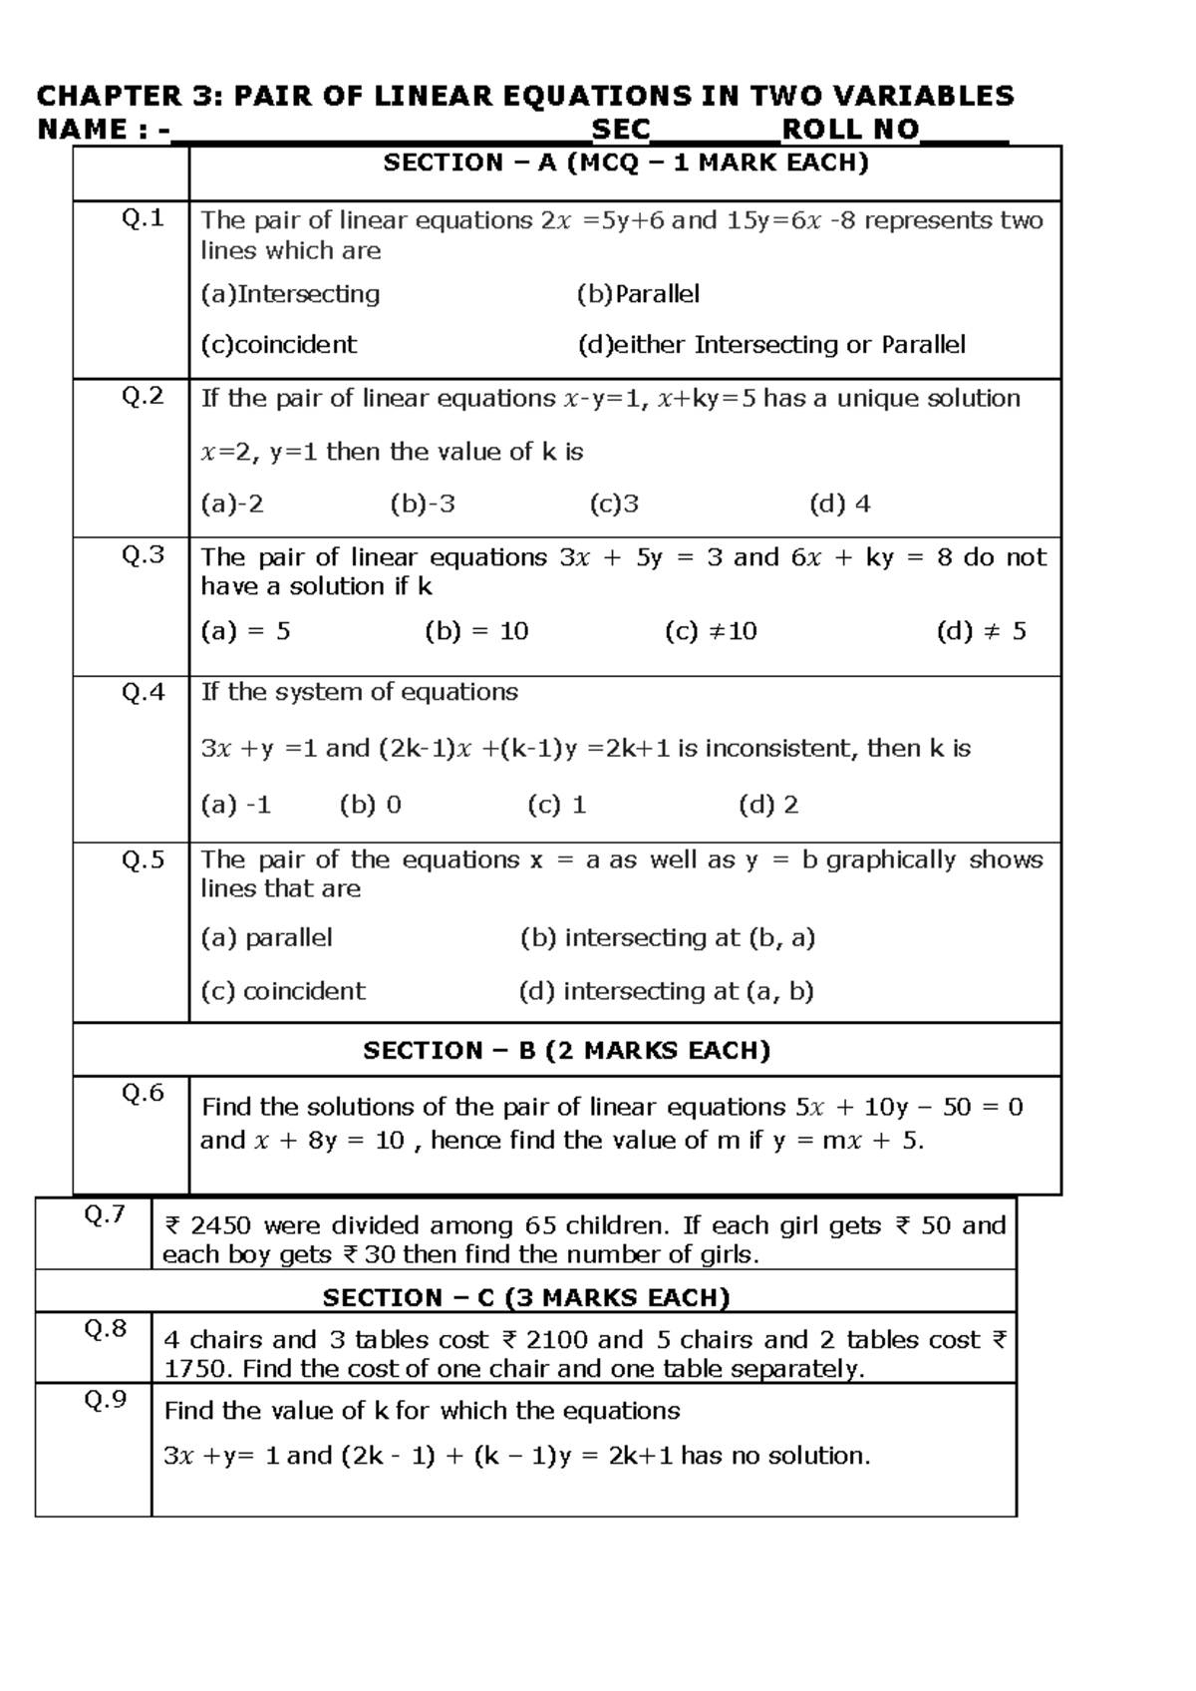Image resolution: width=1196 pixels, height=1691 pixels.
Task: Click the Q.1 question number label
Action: (143, 219)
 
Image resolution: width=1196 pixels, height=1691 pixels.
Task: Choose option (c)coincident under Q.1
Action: (278, 345)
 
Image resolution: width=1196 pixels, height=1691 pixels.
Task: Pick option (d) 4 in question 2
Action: (839, 505)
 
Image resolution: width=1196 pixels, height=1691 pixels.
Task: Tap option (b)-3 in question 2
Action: (423, 505)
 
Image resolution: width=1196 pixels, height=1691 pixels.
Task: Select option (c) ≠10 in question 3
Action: (711, 631)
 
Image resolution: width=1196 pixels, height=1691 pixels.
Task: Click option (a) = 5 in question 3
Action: (245, 631)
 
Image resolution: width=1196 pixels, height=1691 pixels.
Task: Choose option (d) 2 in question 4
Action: (767, 806)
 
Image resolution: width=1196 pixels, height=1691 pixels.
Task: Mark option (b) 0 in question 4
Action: (370, 806)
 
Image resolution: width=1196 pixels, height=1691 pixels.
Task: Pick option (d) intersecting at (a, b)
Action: (666, 991)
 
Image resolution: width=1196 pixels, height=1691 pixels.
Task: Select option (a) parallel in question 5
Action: (266, 938)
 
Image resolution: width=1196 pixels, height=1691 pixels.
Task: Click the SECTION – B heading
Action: (566, 1051)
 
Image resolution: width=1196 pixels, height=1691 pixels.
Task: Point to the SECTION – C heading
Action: (526, 1298)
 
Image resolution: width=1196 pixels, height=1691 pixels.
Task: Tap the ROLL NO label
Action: (850, 130)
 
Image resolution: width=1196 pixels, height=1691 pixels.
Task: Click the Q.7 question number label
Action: (105, 1214)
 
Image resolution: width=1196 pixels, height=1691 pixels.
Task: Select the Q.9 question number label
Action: (105, 1401)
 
